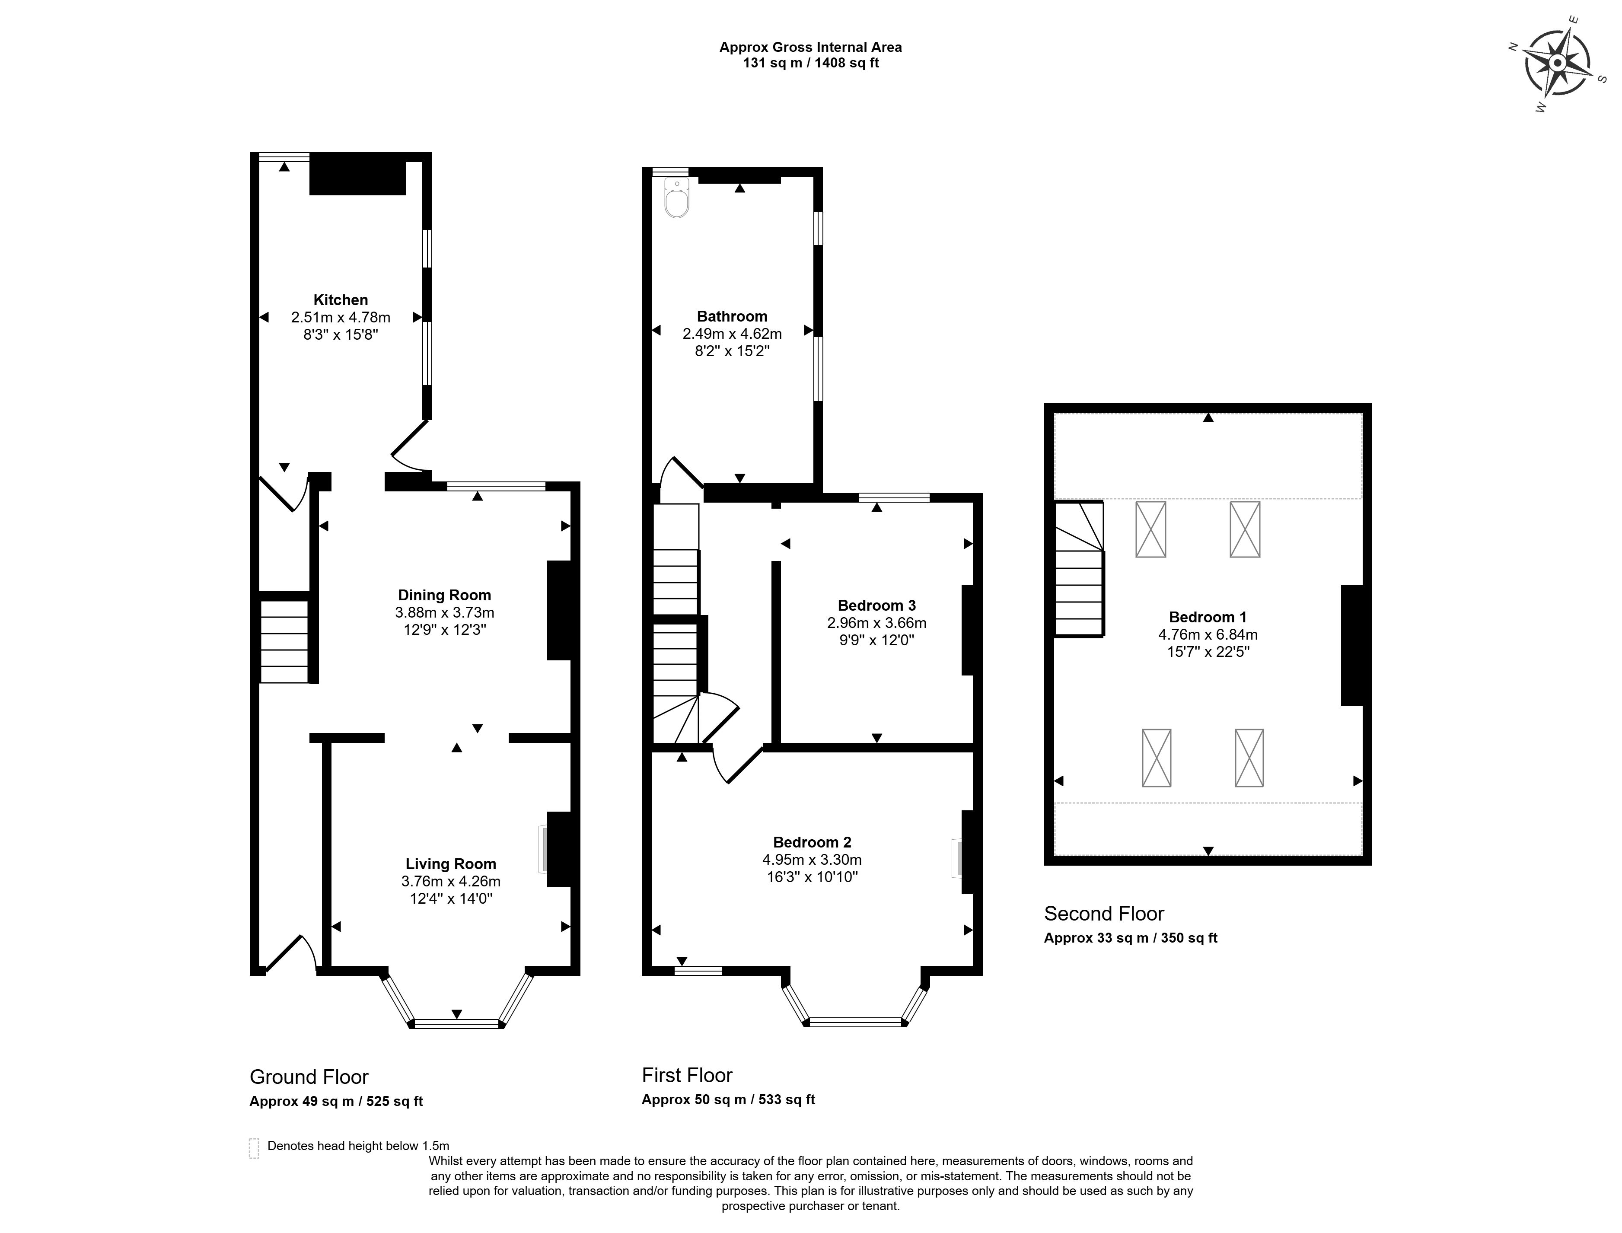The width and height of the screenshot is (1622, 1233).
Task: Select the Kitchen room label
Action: (341, 299)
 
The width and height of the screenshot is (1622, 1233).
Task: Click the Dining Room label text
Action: (444, 595)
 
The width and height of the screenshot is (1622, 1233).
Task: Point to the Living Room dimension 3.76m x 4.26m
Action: (451, 882)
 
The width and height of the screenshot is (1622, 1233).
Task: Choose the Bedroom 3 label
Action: (876, 605)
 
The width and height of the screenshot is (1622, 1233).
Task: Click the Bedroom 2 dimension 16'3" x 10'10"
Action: (812, 877)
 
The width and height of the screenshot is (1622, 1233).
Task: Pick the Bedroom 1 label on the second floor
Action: (1208, 617)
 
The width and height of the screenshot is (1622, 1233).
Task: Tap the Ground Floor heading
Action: (309, 1077)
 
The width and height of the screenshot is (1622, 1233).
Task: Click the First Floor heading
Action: (687, 1075)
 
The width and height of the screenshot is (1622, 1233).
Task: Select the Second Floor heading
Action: (1104, 914)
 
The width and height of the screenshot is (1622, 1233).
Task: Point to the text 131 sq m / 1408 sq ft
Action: (811, 63)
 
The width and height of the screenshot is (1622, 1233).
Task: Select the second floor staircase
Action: (1079, 569)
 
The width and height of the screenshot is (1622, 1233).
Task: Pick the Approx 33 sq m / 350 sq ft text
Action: (1130, 938)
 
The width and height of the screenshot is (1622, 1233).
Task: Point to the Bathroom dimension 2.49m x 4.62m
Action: (732, 334)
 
